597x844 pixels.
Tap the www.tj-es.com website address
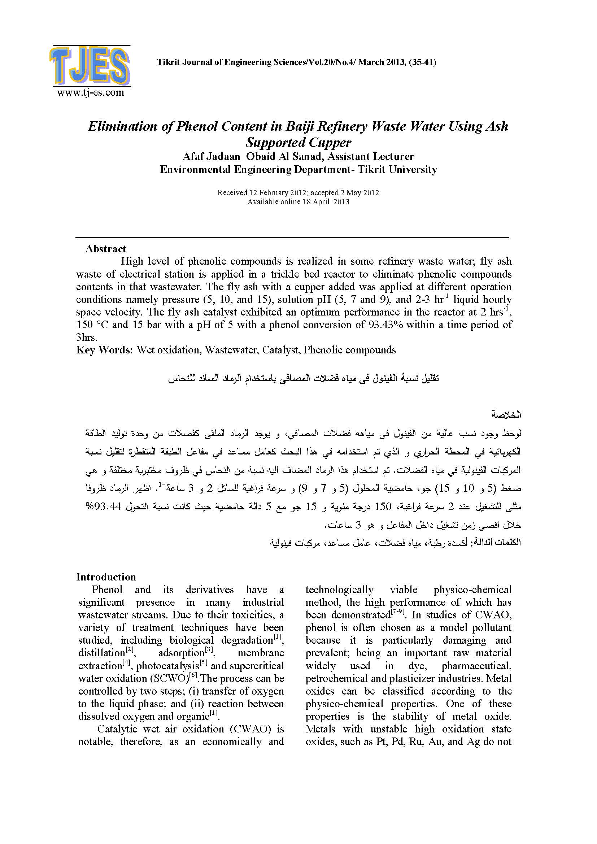(x=91, y=92)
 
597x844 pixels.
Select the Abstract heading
(x=105, y=249)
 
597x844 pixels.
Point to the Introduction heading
(x=106, y=577)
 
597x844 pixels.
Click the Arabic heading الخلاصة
(x=506, y=415)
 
